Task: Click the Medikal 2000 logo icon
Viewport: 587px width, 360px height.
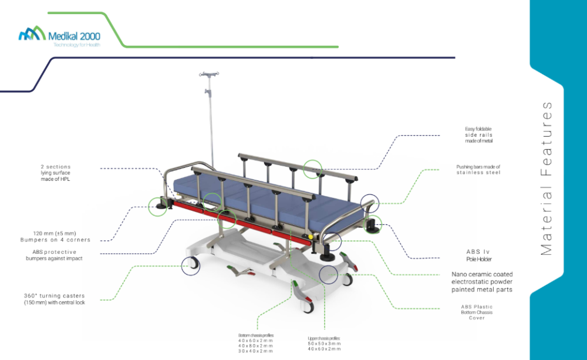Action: (32, 33)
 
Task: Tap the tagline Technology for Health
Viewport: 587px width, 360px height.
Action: (77, 45)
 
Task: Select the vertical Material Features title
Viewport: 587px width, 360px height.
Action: (546, 179)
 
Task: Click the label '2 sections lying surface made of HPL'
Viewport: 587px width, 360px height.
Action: (55, 173)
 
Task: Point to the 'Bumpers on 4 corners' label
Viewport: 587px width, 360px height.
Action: (55, 240)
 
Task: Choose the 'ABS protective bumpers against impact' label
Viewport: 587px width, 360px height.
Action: (54, 255)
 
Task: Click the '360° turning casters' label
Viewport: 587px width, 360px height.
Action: (54, 299)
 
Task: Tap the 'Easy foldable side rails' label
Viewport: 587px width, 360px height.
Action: (479, 135)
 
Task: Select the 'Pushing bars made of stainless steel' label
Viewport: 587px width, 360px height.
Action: (478, 170)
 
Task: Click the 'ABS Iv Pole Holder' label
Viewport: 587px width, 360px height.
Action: (478, 255)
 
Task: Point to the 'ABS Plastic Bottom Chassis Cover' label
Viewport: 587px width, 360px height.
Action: (477, 312)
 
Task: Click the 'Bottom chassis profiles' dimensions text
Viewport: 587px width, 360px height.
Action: (256, 343)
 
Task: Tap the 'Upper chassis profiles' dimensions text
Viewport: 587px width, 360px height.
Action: (324, 344)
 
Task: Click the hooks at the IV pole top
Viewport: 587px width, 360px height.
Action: (209, 74)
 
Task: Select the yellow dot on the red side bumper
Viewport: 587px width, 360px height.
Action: (311, 237)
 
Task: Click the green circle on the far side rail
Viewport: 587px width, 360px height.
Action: (312, 169)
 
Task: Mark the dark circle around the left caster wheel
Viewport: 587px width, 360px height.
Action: (191, 266)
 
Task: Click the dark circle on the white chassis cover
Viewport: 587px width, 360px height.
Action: (328, 275)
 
